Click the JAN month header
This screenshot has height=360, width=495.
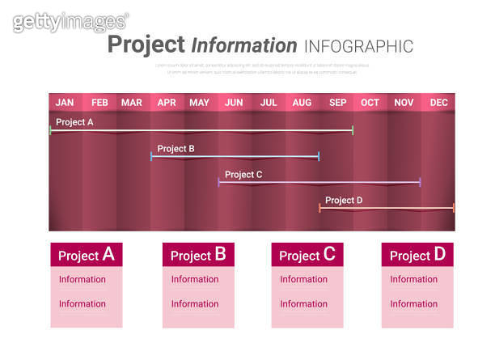click(x=65, y=102)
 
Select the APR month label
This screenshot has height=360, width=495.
click(x=167, y=102)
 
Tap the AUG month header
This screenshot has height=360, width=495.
click(x=302, y=102)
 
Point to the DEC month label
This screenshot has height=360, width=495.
click(x=438, y=102)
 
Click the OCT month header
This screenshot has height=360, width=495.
click(x=370, y=102)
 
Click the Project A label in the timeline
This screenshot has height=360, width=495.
click(x=74, y=122)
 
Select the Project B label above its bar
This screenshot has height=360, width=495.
click(x=176, y=148)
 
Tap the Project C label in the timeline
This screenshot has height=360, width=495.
click(x=243, y=174)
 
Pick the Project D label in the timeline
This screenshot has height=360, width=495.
click(x=344, y=200)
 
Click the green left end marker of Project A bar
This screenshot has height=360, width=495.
click(x=50, y=129)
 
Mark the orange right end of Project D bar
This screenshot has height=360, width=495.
click(x=454, y=208)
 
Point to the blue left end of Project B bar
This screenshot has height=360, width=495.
click(x=151, y=155)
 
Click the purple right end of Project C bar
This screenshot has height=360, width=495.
click(x=420, y=182)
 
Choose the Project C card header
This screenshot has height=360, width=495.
click(x=307, y=255)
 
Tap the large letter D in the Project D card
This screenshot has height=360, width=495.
click(x=439, y=254)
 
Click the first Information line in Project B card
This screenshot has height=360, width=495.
click(x=195, y=279)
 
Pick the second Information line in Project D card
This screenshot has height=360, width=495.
click(x=413, y=304)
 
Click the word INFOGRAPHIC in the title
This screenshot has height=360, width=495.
click(x=358, y=46)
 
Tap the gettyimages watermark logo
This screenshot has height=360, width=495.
click(x=70, y=22)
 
